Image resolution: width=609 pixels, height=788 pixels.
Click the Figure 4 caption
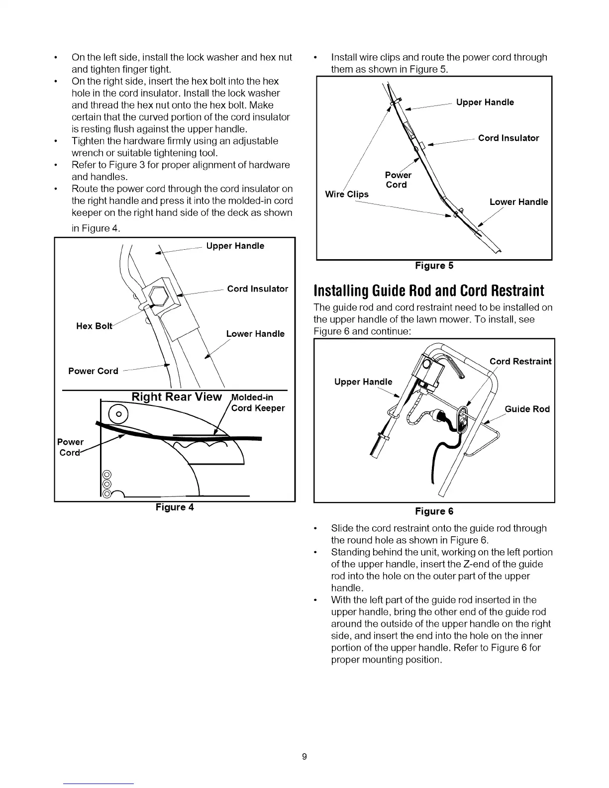[x=174, y=507]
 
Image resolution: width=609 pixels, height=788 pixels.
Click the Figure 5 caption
[x=434, y=266]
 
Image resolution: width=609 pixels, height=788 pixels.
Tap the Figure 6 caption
[x=434, y=511]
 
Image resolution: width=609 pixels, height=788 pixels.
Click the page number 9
[x=305, y=757]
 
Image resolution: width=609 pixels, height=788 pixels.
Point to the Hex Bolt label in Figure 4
[x=95, y=326]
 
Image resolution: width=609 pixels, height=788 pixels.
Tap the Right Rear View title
[x=176, y=397]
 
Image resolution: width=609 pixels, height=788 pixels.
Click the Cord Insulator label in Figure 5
[x=508, y=138]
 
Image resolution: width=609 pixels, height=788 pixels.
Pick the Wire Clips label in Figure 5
[x=347, y=194]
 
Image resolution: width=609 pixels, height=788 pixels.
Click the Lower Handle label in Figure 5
[x=518, y=202]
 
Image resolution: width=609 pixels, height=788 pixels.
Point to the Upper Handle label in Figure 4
[x=235, y=246]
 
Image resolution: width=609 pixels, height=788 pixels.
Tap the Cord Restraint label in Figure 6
[x=520, y=361]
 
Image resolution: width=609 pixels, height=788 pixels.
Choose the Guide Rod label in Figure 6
[x=527, y=409]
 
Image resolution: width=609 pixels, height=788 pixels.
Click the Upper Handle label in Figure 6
[x=363, y=382]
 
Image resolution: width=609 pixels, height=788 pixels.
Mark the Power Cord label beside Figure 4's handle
[x=93, y=371]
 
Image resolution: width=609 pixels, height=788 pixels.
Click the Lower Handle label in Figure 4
[x=255, y=334]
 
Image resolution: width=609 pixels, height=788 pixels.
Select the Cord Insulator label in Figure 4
[x=257, y=289]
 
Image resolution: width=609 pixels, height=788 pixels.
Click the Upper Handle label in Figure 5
[x=485, y=102]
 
